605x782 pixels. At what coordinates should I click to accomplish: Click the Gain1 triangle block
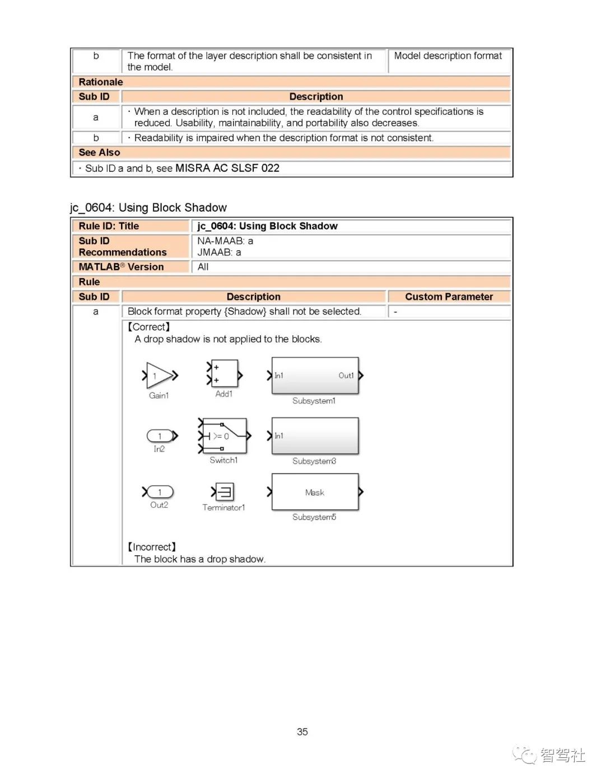[x=159, y=376]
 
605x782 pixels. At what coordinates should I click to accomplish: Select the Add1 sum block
[x=224, y=374]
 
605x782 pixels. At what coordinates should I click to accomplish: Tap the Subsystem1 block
[x=315, y=376]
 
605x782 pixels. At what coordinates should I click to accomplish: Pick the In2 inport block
[x=160, y=436]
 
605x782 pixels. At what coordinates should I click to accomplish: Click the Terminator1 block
[x=225, y=492]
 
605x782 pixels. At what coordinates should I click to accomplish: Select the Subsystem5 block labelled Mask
[x=315, y=492]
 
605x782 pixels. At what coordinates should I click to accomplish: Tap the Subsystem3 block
[x=315, y=436]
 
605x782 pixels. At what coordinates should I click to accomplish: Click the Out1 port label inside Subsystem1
[x=346, y=376]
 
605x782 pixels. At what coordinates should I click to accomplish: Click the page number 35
[x=302, y=732]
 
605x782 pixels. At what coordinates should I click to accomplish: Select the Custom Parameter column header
[x=449, y=297]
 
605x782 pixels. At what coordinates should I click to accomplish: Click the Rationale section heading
[x=101, y=82]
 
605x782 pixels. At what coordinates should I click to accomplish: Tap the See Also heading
[x=99, y=152]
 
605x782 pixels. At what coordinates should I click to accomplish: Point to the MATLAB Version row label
[x=122, y=267]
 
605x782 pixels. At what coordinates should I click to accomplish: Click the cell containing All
[x=203, y=267]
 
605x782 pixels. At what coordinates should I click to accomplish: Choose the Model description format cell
[x=448, y=56]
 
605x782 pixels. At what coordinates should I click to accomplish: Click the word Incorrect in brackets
[x=152, y=547]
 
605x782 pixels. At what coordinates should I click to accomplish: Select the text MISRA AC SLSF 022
[x=227, y=168]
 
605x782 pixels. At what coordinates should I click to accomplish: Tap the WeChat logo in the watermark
[x=524, y=755]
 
